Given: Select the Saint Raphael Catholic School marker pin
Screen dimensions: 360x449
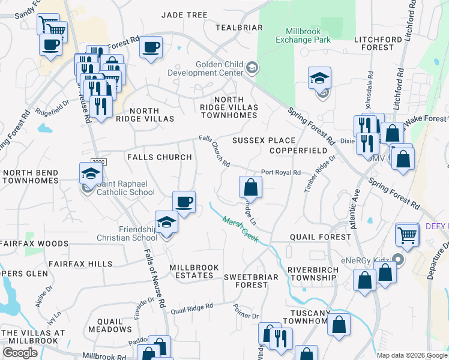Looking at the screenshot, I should click(x=90, y=174).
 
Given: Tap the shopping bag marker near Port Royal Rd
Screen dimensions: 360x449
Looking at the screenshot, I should click(x=250, y=187).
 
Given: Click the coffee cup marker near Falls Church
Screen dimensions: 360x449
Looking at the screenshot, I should click(x=184, y=202).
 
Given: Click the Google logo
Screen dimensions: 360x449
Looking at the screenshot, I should click(x=20, y=353).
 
